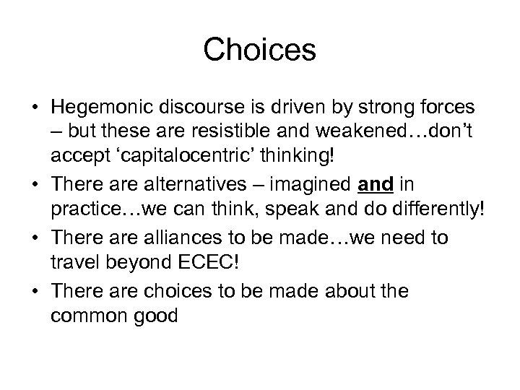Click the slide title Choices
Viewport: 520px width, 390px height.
pyautogui.click(x=260, y=50)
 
